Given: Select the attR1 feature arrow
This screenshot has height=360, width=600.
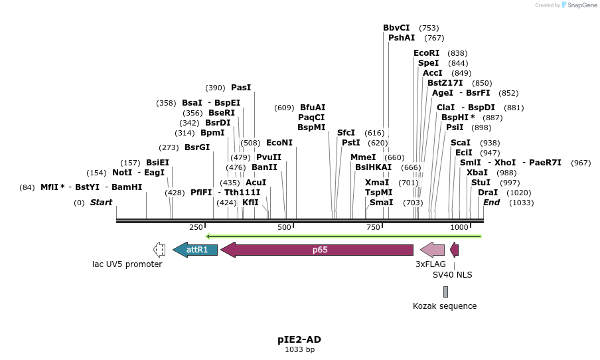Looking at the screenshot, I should [195, 250].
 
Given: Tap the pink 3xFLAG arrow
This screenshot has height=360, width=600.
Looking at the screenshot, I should [432, 250].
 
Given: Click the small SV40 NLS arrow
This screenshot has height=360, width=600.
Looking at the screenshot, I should [454, 250].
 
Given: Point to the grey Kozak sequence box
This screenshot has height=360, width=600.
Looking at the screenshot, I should [445, 292].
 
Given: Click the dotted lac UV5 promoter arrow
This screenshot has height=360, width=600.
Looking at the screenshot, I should [159, 250].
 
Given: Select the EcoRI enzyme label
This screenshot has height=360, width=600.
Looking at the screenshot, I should [426, 53].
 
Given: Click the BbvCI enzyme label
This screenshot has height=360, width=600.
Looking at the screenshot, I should [396, 28].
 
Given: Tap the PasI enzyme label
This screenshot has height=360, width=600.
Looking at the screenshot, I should [241, 88].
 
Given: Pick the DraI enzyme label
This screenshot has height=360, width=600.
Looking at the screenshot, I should [488, 193].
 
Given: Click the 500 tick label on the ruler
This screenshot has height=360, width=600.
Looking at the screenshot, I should [284, 228].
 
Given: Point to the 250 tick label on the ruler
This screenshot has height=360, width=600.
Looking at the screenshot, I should [196, 228].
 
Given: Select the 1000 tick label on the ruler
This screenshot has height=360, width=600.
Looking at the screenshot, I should [459, 228].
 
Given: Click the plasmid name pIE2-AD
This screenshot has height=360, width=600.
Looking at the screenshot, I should [299, 339].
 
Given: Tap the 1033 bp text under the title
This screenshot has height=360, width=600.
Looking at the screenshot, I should [299, 349].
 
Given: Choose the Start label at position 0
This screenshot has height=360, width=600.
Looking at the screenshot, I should [101, 203].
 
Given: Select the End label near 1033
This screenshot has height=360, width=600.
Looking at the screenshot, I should [491, 203].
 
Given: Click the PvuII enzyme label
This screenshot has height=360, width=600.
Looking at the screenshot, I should [269, 157].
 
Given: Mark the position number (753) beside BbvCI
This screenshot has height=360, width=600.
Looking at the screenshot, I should [429, 28].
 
